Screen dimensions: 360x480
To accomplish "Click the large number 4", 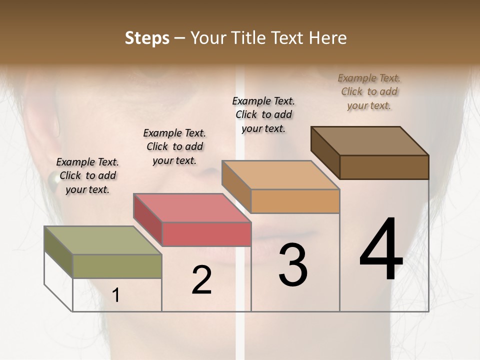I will coord(381,250).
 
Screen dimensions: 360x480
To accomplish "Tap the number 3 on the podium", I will coord(293,265).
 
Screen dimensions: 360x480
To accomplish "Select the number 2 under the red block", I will coord(201,280).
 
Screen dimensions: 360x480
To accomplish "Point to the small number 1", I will coord(115,295).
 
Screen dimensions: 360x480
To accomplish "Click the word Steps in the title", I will coord(147,38).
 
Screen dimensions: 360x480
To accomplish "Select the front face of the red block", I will coord(206,234).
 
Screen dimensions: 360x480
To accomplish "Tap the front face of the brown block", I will coord(384,167).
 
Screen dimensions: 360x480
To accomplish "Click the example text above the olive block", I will coord(87,175).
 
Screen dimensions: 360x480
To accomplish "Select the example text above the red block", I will coord(174,146).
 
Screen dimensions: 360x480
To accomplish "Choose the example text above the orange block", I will coord(263,114).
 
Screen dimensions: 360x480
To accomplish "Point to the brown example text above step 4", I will coord(369,91).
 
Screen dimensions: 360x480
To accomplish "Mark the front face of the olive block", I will coord(117,266).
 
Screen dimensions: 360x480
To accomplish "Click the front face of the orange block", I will coord(295,201).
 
